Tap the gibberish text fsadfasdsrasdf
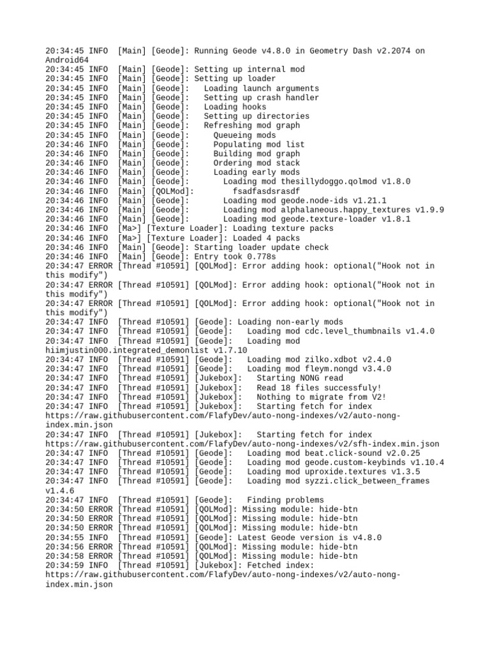pyautogui.click(x=266, y=191)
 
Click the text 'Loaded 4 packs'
pyautogui.click(x=267, y=238)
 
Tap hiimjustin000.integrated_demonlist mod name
pyautogui.click(x=127, y=350)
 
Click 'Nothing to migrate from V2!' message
pyautogui.click(x=322, y=397)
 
